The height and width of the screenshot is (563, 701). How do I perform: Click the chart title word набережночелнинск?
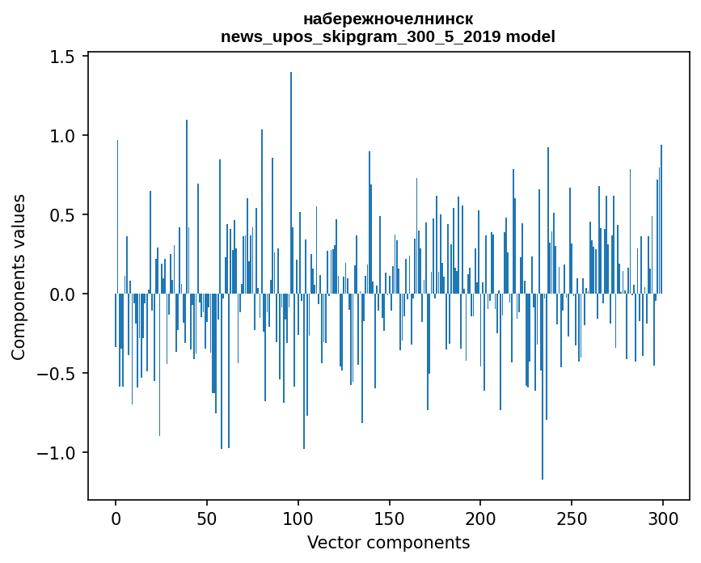388,19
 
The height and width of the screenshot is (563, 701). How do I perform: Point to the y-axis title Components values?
19,277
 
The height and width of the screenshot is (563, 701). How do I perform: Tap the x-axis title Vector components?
388,542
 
